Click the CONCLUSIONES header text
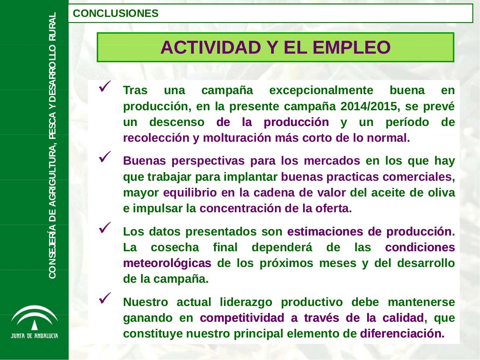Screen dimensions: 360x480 pos(115,13)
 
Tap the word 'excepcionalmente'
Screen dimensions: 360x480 pos(321,90)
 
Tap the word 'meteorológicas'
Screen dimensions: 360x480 pos(167,263)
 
